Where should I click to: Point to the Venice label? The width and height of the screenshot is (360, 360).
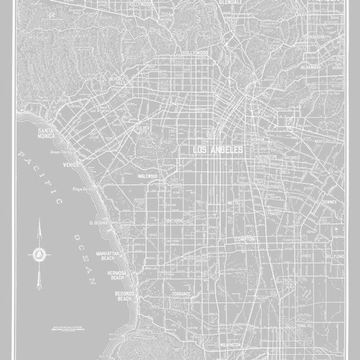pyautogui.click(x=71, y=165)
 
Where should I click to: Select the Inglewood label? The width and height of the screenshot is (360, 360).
pyautogui.click(x=148, y=176)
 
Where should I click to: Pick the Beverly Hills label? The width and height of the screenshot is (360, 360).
pyautogui.click(x=118, y=99)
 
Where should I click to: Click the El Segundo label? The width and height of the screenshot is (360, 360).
pyautogui.click(x=99, y=223)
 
